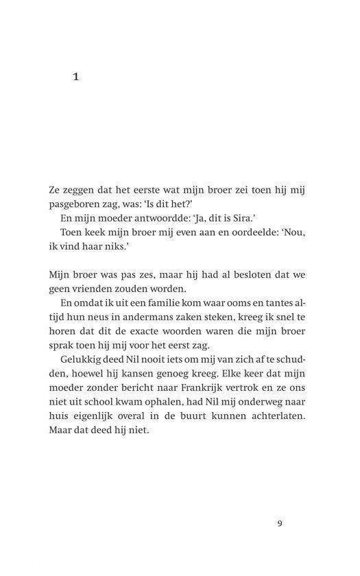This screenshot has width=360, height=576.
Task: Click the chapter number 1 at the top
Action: pos(76,77)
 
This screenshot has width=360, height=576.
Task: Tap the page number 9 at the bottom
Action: pos(280,524)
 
